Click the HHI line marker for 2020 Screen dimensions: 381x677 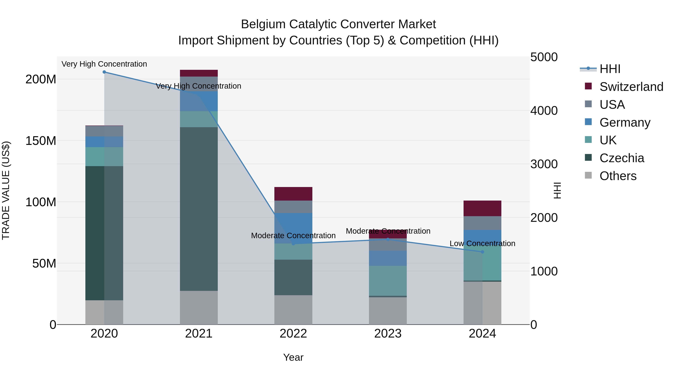coord(104,72)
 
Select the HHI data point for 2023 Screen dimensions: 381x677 coord(388,239)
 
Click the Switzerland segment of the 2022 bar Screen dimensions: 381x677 coord(293,194)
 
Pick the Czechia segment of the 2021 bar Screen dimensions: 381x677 coord(199,209)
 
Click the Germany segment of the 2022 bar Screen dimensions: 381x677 coord(293,224)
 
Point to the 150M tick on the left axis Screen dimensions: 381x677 coord(41,141)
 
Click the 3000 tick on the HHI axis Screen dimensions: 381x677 coord(544,164)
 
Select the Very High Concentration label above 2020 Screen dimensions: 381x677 coord(104,64)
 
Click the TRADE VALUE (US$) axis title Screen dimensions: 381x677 coord(6,190)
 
